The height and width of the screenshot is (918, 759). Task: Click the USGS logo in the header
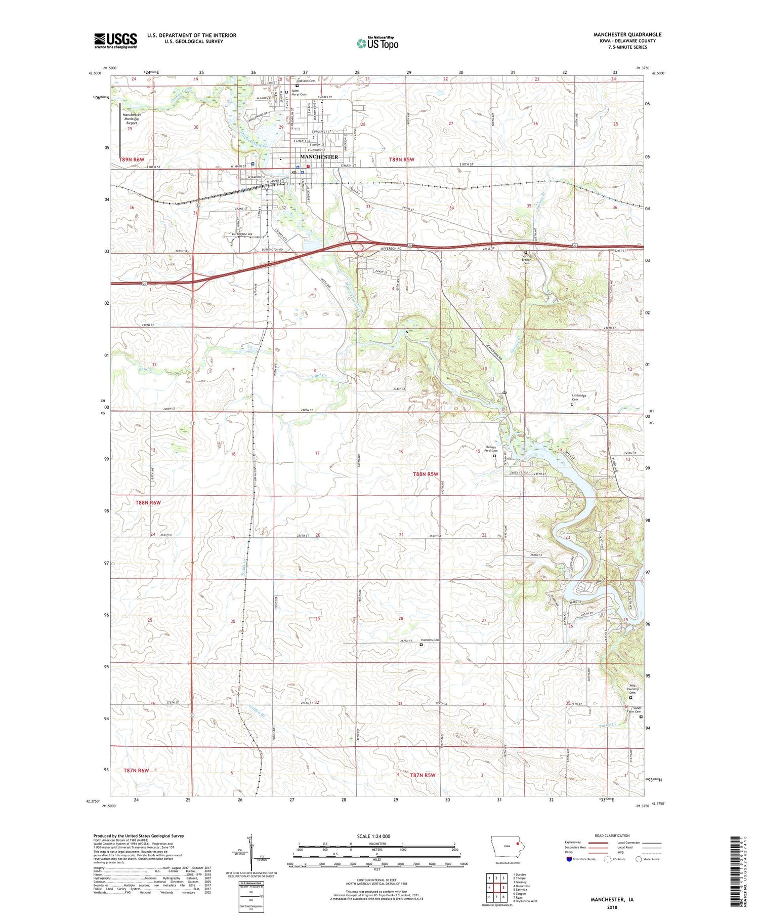pyautogui.click(x=115, y=41)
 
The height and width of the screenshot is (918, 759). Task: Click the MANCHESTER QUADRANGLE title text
pyautogui.click(x=627, y=34)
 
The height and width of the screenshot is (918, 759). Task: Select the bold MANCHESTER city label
pyautogui.click(x=319, y=157)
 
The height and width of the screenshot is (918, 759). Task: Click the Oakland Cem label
pyautogui.click(x=306, y=81)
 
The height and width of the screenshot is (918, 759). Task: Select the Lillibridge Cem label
pyautogui.click(x=579, y=397)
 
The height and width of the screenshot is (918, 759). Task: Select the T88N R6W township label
pyautogui.click(x=148, y=502)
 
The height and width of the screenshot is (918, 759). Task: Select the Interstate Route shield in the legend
pyautogui.click(x=569, y=859)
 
